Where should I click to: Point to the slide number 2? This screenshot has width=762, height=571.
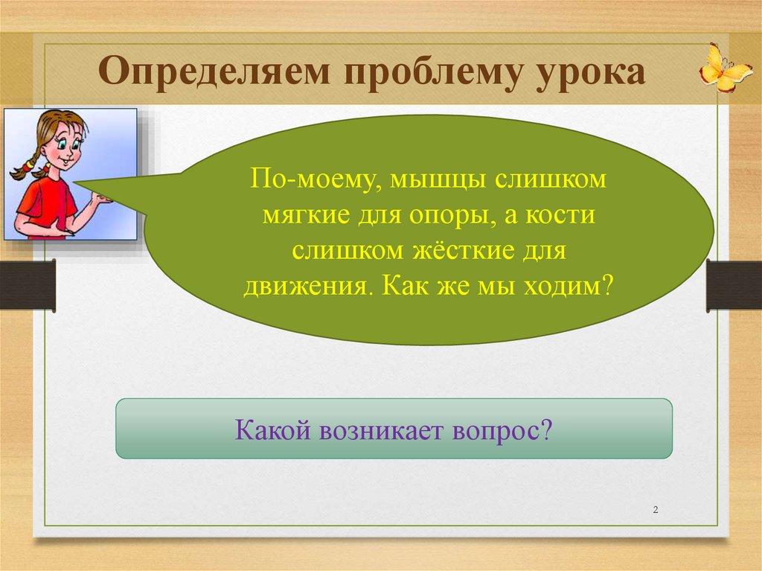(656, 510)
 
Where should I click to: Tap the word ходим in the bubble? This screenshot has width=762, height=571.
(566, 286)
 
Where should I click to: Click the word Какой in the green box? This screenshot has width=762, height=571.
(272, 430)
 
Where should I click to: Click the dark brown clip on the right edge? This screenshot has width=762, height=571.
(734, 286)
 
